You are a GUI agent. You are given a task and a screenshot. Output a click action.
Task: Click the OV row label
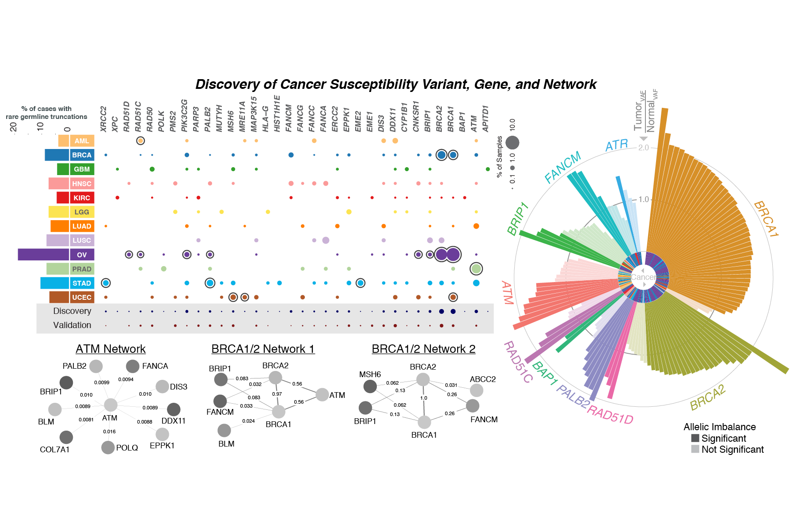click(82, 255)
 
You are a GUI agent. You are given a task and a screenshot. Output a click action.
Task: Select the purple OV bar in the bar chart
click(43, 255)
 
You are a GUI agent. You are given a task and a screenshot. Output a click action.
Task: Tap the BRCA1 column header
click(451, 118)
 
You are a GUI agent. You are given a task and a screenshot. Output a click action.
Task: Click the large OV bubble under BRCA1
click(453, 255)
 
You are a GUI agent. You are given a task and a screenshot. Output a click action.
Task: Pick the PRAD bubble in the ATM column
click(476, 268)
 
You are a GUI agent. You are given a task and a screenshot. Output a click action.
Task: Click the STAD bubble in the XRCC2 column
click(106, 283)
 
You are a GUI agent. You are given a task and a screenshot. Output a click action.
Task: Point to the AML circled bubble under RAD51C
click(140, 141)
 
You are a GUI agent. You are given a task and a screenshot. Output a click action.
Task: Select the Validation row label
click(72, 325)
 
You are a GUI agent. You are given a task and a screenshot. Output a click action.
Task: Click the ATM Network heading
click(110, 349)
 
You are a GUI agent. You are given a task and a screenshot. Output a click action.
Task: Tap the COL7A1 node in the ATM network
click(66, 437)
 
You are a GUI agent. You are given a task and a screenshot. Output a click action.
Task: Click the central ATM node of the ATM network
click(110, 405)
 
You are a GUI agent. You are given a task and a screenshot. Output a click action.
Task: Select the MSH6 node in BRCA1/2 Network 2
click(370, 386)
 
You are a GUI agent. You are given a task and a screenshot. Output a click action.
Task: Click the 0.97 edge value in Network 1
click(277, 394)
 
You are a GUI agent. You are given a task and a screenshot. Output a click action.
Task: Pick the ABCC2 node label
click(482, 379)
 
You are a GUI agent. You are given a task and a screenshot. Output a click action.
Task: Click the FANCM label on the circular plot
click(562, 168)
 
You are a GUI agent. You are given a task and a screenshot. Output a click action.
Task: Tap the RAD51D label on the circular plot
click(611, 414)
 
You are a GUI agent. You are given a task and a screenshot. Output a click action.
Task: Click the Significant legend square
click(695, 438)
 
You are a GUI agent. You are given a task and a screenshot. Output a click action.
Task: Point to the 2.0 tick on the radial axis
click(643, 148)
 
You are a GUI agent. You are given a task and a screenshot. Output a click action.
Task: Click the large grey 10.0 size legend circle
click(512, 142)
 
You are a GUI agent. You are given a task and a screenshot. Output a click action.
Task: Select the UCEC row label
click(82, 297)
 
